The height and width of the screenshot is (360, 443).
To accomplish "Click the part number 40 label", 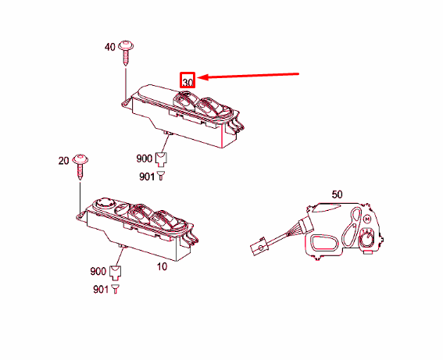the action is (x=110, y=47).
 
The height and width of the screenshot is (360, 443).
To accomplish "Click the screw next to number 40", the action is (x=126, y=53).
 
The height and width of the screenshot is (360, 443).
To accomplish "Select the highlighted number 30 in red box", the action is (x=188, y=80).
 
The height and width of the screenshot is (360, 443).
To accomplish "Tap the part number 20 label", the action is (x=63, y=161).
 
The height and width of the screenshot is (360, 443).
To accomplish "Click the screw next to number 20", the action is (x=80, y=166).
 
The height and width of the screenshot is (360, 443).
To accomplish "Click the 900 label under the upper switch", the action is (x=145, y=159).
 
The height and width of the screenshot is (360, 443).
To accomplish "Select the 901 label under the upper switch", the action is (x=147, y=176).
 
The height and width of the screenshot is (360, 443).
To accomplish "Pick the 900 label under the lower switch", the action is (x=98, y=271).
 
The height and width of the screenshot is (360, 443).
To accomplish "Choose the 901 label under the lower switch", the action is (x=101, y=290).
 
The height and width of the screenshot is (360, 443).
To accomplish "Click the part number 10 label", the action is (x=162, y=266).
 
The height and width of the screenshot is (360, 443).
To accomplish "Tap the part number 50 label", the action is (x=337, y=194).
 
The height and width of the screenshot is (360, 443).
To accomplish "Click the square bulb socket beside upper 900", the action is (x=161, y=159).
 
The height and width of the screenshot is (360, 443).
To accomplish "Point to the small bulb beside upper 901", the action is (x=161, y=176).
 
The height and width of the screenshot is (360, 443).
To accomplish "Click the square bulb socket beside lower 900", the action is (x=115, y=273).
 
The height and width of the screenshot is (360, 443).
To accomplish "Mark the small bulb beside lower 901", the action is (x=115, y=289).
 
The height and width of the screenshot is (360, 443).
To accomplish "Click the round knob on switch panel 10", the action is (x=105, y=203).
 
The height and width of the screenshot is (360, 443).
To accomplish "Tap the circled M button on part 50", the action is (x=367, y=219).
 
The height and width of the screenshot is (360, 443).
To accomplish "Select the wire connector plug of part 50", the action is (x=259, y=247).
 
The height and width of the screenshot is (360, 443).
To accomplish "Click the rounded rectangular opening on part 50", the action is (x=324, y=242).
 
